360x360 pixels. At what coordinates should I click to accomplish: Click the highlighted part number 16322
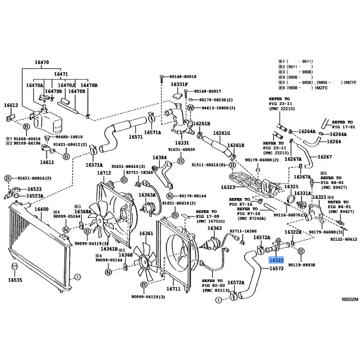pos(276,260)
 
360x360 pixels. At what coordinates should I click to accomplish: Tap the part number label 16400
pos(41,210)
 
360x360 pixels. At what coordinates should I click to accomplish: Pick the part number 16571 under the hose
pos(135,137)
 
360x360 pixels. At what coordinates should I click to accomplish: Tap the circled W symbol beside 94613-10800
pos(190,108)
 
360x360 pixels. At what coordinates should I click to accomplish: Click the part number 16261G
pos(221,133)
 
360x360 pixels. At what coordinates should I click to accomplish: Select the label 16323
pos(228,187)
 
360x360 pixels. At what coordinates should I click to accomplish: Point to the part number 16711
pos(173,288)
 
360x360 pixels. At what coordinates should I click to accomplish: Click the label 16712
pos(104,173)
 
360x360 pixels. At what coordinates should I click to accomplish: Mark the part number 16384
pos(159,158)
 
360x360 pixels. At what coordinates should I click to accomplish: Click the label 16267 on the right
pos(324,157)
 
